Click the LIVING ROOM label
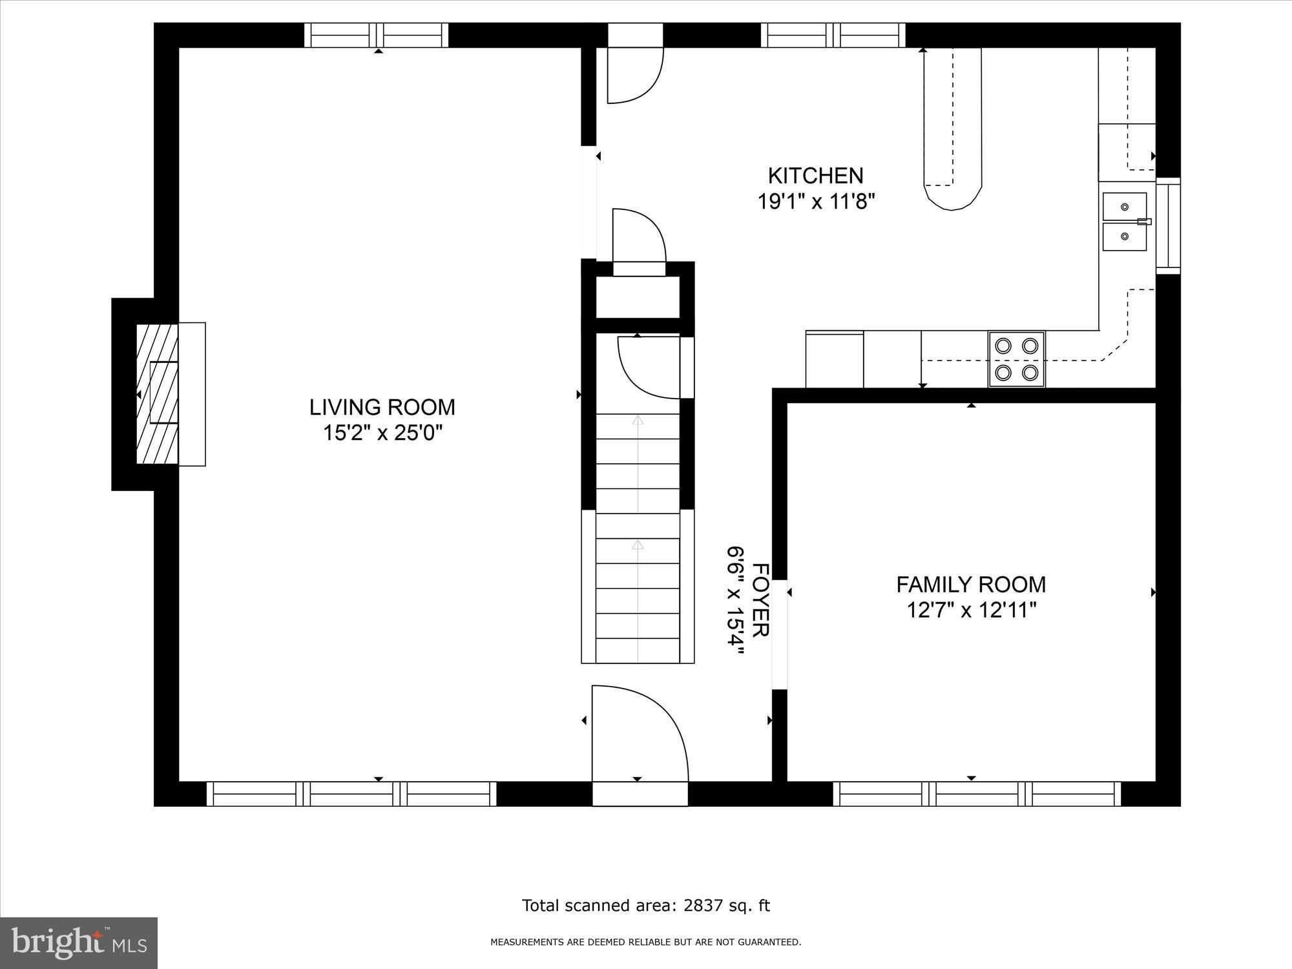pos(382,407)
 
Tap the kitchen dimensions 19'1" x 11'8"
pos(816,202)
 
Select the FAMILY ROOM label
pos(970,585)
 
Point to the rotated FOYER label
pos(761,600)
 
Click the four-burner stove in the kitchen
pos(1016,359)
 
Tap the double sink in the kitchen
pos(1125,222)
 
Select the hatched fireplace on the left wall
pos(157,394)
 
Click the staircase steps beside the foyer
pos(638,536)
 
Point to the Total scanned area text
pos(645,906)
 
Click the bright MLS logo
pos(79,943)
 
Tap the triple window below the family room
pos(977,793)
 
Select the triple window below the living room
pos(351,793)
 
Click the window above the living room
pos(376,35)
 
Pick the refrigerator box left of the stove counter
pos(834,359)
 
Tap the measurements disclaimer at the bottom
pos(645,943)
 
